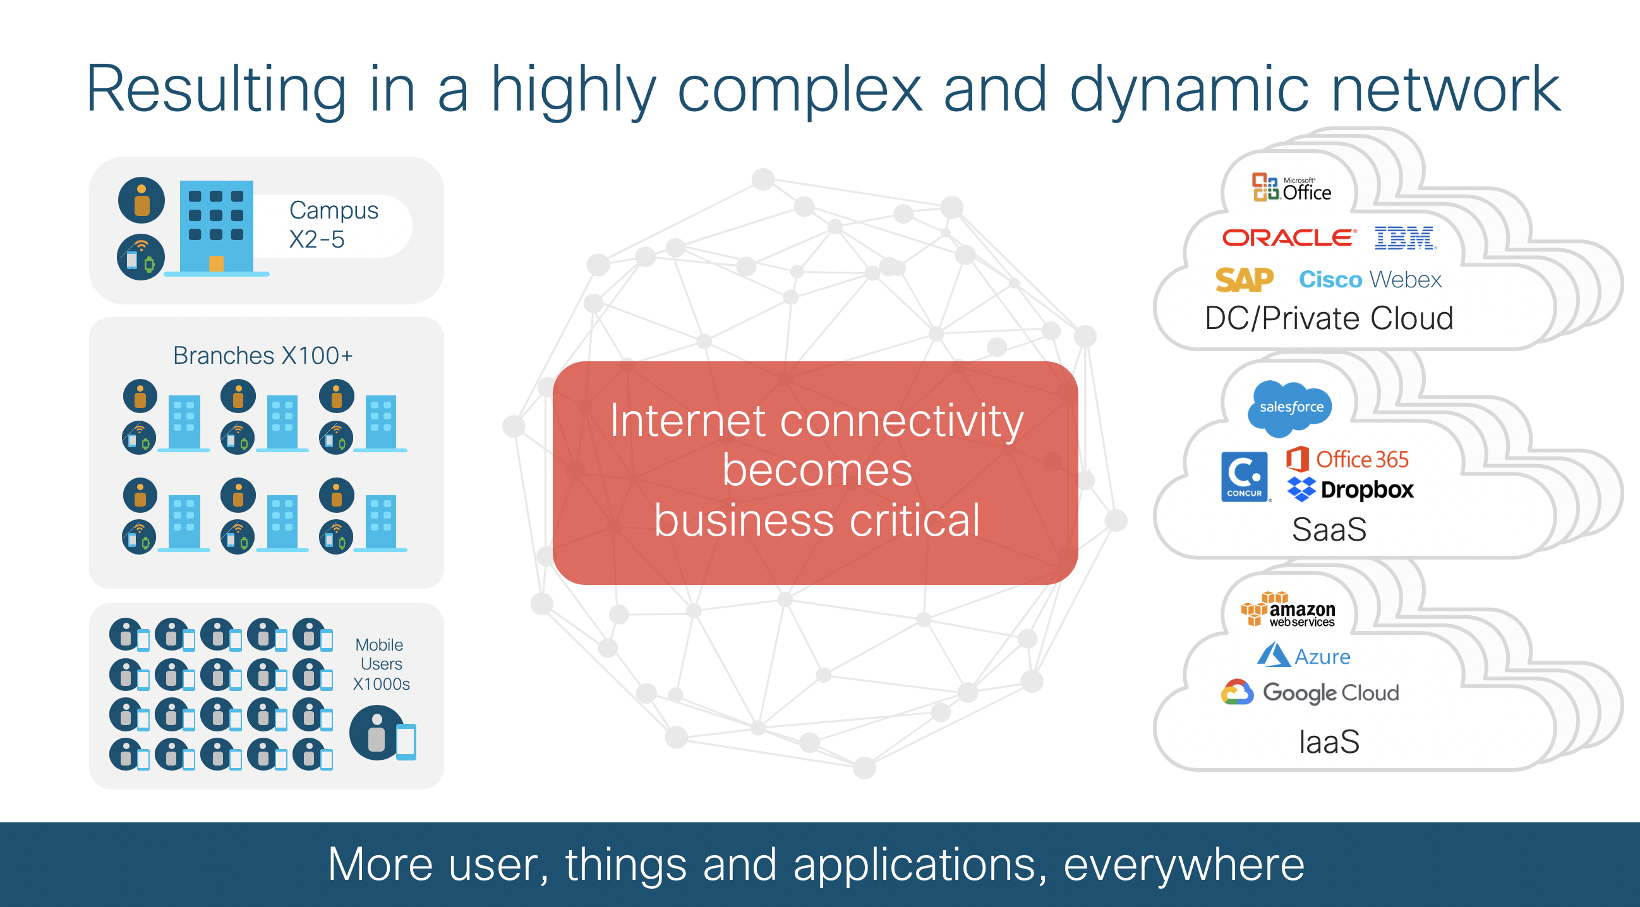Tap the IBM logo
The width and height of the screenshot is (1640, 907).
click(x=1404, y=238)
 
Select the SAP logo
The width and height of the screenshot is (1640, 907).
click(x=1244, y=280)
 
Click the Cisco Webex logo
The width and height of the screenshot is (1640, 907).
click(x=1370, y=279)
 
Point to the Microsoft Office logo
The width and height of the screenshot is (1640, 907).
click(x=1292, y=188)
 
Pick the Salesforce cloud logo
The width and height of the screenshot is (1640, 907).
click(x=1291, y=407)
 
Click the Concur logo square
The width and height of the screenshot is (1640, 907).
click(x=1244, y=477)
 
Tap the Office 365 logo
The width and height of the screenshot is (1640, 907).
click(x=1348, y=459)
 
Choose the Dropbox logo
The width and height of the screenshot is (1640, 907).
click(x=1350, y=490)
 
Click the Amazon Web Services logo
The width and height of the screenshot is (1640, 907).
click(x=1289, y=610)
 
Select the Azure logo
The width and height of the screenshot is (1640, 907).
click(x=1304, y=656)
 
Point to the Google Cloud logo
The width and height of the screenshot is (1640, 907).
click(x=1310, y=692)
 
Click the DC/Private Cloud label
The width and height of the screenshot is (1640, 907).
click(x=1329, y=318)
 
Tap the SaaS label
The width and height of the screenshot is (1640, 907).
click(x=1329, y=529)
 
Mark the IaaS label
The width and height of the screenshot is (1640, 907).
click(x=1329, y=742)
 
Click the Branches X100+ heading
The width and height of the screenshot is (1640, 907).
click(x=263, y=355)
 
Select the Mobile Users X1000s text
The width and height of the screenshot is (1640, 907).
click(x=381, y=664)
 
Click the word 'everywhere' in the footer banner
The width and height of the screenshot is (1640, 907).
click(x=1183, y=864)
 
